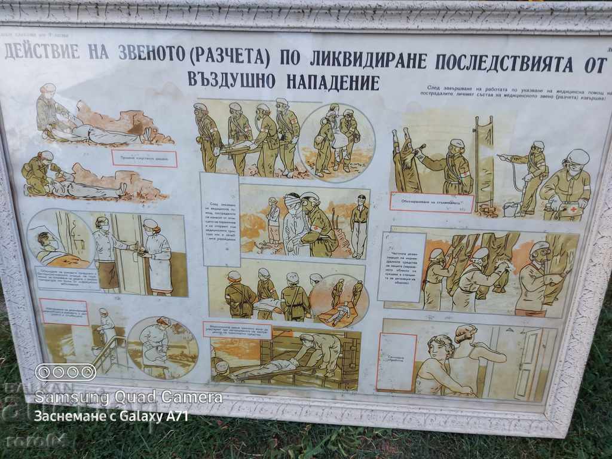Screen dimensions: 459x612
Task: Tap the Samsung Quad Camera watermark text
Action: coord(128,397)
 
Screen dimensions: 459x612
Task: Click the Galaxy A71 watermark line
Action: coord(111,416)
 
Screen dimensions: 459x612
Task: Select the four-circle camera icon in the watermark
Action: coord(66,372)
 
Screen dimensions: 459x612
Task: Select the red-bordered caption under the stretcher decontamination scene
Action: coord(432,202)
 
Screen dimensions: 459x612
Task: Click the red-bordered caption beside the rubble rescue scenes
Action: coord(145,158)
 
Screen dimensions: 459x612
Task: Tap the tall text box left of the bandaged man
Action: coord(220,219)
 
